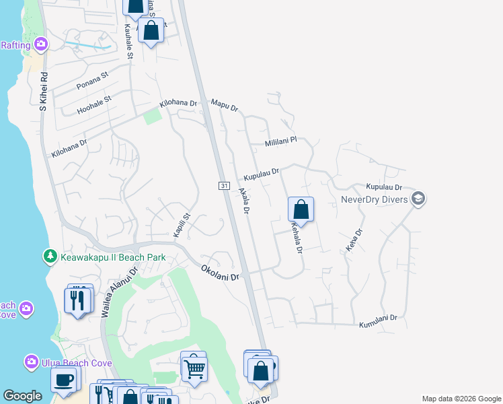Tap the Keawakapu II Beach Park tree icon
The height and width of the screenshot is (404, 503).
[50, 257]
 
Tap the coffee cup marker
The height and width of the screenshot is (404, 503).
[64, 380]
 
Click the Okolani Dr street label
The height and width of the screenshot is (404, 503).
[220, 273]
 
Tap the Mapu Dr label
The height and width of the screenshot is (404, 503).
[225, 105]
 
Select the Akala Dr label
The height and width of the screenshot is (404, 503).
[244, 201]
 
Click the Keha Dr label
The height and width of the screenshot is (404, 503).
[354, 240]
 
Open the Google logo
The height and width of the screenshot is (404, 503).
[22, 396]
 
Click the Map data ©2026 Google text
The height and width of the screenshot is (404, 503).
[461, 399]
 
